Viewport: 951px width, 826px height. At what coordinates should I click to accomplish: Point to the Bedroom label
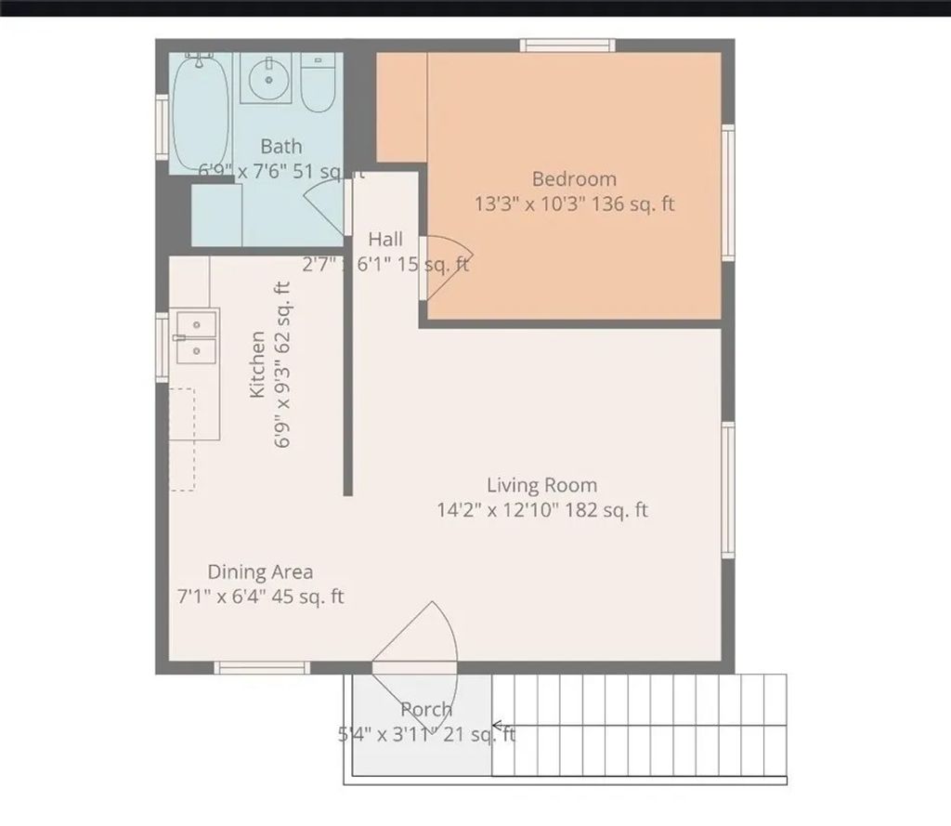tap(573, 179)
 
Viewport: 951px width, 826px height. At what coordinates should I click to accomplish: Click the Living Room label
tap(542, 485)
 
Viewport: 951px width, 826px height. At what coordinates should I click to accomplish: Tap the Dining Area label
tap(260, 571)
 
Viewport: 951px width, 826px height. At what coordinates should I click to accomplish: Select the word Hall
tap(385, 239)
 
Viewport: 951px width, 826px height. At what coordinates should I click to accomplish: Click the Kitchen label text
tap(258, 364)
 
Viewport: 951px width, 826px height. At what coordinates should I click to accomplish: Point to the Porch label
tap(427, 710)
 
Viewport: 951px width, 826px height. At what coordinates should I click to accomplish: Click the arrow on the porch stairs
tap(499, 726)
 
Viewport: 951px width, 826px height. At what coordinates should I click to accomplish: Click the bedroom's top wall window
tap(567, 45)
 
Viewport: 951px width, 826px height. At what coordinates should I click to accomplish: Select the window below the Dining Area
tap(261, 667)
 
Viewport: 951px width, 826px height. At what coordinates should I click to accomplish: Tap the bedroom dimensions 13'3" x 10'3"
tap(526, 205)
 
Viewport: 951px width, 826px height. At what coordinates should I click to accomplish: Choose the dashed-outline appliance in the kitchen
tap(182, 439)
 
